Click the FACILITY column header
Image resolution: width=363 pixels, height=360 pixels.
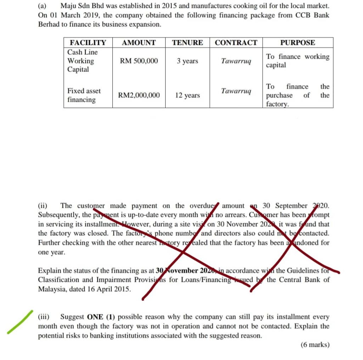click(x=88, y=43)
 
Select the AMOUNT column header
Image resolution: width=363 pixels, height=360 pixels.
click(x=139, y=43)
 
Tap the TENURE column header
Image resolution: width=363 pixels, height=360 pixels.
click(x=188, y=43)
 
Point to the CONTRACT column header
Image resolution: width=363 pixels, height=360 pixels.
click(x=236, y=43)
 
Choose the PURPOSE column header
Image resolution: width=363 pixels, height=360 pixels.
click(x=297, y=43)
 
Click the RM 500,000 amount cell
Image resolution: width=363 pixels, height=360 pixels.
click(x=139, y=61)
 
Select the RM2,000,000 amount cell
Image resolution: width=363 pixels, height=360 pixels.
click(x=139, y=95)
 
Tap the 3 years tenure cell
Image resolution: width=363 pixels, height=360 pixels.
click(x=188, y=61)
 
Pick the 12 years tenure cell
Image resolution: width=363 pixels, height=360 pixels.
click(x=188, y=95)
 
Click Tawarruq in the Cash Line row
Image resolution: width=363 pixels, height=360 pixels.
click(x=236, y=61)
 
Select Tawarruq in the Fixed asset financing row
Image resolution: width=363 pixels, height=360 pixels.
click(x=236, y=91)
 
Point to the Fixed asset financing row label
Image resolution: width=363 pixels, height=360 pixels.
click(x=84, y=95)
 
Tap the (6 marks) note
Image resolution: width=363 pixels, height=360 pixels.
click(x=315, y=344)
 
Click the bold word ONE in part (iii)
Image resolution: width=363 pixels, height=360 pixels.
click(x=95, y=317)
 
